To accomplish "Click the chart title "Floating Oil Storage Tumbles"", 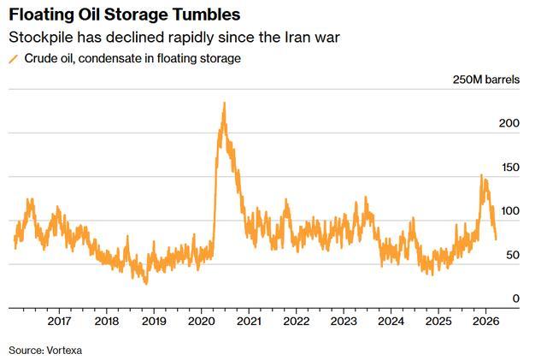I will [x=124, y=15].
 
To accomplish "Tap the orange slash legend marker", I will [x=13, y=59].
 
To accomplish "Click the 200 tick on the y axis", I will [x=509, y=123].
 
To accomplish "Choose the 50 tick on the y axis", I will [x=511, y=256].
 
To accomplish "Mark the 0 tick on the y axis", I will [x=515, y=298].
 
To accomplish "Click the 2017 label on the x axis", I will [x=59, y=322].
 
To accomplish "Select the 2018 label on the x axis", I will [x=106, y=322].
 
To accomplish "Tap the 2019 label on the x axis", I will [x=153, y=322].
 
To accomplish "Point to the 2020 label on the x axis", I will [x=201, y=322].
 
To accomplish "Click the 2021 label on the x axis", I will [x=249, y=322].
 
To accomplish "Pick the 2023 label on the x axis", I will [x=344, y=322].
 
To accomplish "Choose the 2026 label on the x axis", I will [x=485, y=322].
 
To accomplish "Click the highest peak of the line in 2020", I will [x=224, y=103].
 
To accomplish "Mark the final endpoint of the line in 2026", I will [x=497, y=239].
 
